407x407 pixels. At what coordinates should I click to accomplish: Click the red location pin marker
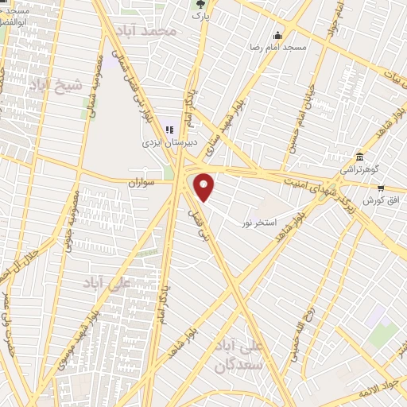[x=205, y=188]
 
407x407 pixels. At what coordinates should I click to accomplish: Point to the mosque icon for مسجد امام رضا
[x=277, y=35]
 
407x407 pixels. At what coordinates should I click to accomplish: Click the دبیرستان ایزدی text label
[x=162, y=143]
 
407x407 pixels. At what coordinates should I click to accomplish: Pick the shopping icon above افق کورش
[x=381, y=188]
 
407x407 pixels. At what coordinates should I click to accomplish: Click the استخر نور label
[x=259, y=223]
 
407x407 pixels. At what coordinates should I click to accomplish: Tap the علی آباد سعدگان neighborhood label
[x=240, y=357]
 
